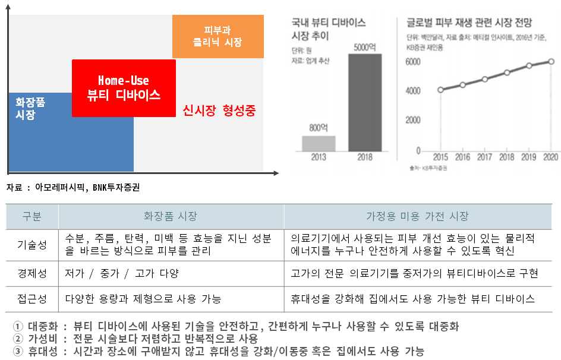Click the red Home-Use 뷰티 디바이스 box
coord(124,88)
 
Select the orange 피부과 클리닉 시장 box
coord(218,36)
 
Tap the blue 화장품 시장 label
coord(30,108)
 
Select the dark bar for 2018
coord(365,102)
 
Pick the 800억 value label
coord(319,127)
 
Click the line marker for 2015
coord(440,90)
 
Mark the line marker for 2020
coord(551,62)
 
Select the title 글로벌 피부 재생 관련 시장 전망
coord(469,23)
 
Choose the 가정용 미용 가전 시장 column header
coord(417,216)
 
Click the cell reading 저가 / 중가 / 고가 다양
coord(122,274)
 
